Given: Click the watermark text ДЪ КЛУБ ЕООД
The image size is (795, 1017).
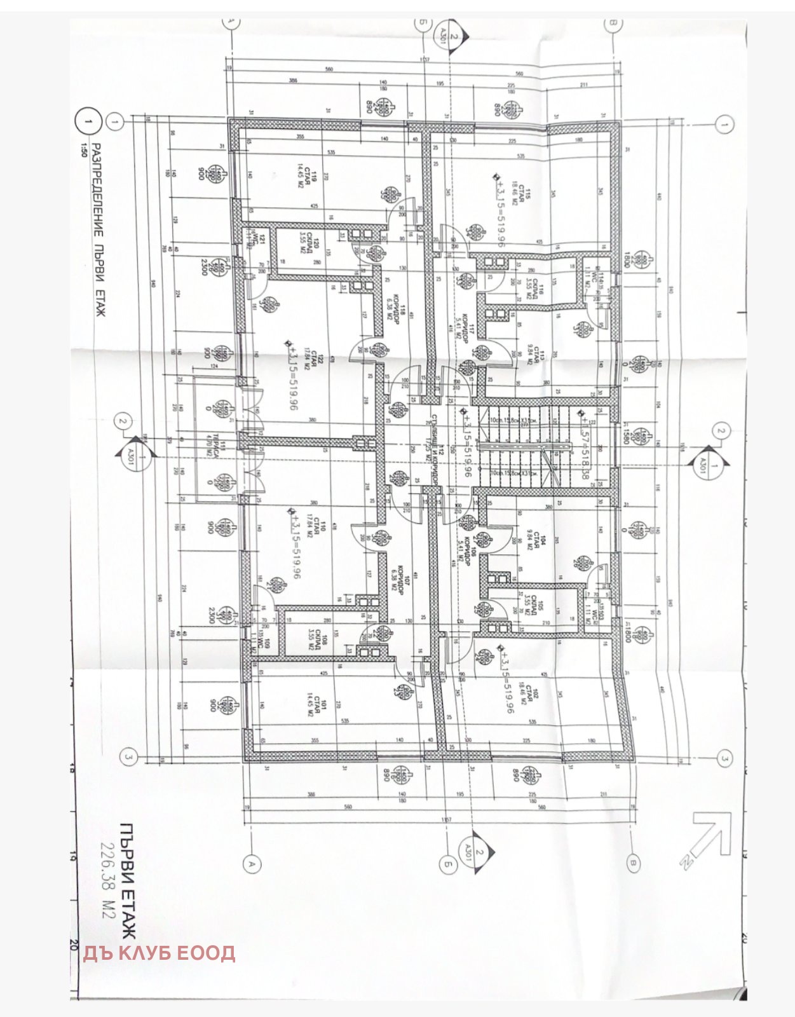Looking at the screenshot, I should (159, 953).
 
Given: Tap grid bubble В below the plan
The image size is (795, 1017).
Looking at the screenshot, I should (633, 863).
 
